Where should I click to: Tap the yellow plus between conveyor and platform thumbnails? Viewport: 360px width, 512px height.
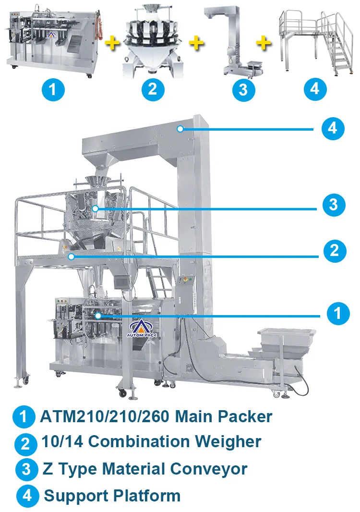coord(263,44)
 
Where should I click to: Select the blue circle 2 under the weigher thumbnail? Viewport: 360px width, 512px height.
coord(152,89)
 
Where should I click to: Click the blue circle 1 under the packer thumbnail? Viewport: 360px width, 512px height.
coord(53,89)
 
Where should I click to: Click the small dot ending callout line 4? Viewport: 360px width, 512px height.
coord(180,128)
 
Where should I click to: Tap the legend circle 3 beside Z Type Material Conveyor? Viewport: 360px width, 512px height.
coord(27,469)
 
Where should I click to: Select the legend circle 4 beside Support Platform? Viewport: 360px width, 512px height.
coord(27,495)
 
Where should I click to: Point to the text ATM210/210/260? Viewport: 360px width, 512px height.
coord(103,416)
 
